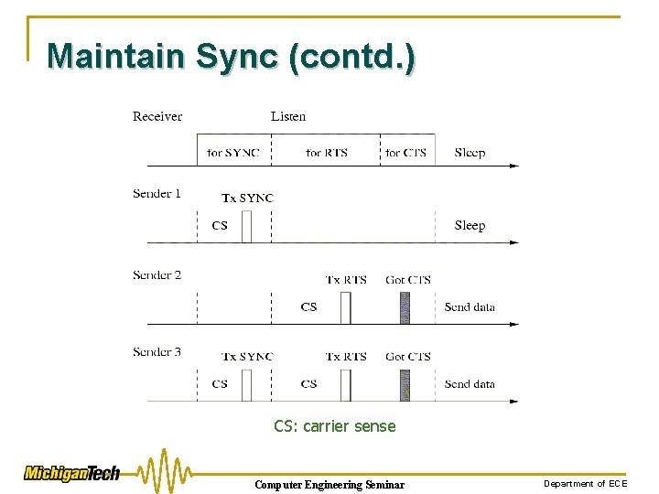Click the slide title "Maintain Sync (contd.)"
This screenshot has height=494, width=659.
pyautogui.click(x=231, y=56)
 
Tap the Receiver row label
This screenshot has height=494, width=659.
pyautogui.click(x=157, y=116)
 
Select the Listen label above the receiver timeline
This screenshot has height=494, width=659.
pyautogui.click(x=288, y=116)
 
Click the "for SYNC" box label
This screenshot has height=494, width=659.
pyautogui.click(x=233, y=152)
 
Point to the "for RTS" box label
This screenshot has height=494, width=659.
pyautogui.click(x=327, y=152)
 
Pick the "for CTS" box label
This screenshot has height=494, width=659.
pyautogui.click(x=405, y=152)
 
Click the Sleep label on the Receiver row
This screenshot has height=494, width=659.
pyautogui.click(x=470, y=152)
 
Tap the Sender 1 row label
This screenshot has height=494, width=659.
pyautogui.click(x=157, y=193)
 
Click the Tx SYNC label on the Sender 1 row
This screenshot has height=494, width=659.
pyautogui.click(x=247, y=198)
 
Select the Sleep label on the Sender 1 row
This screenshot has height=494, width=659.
pyautogui.click(x=470, y=225)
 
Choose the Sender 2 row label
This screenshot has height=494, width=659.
pyautogui.click(x=157, y=274)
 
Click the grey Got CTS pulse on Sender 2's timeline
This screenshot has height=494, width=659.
pyautogui.click(x=405, y=307)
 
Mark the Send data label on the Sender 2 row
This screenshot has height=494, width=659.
pyautogui.click(x=470, y=307)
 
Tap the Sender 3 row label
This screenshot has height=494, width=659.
pyautogui.click(x=157, y=351)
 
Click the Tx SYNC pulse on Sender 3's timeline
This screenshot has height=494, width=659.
pyautogui.click(x=246, y=385)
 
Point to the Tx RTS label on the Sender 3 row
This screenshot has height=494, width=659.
pyautogui.click(x=346, y=357)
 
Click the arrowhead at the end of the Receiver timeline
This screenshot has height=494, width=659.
pyautogui.click(x=514, y=166)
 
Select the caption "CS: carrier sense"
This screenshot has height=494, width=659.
pyautogui.click(x=335, y=425)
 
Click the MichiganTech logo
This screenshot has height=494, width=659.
pyautogui.click(x=71, y=473)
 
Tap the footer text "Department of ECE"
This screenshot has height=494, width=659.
pyautogui.click(x=586, y=483)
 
